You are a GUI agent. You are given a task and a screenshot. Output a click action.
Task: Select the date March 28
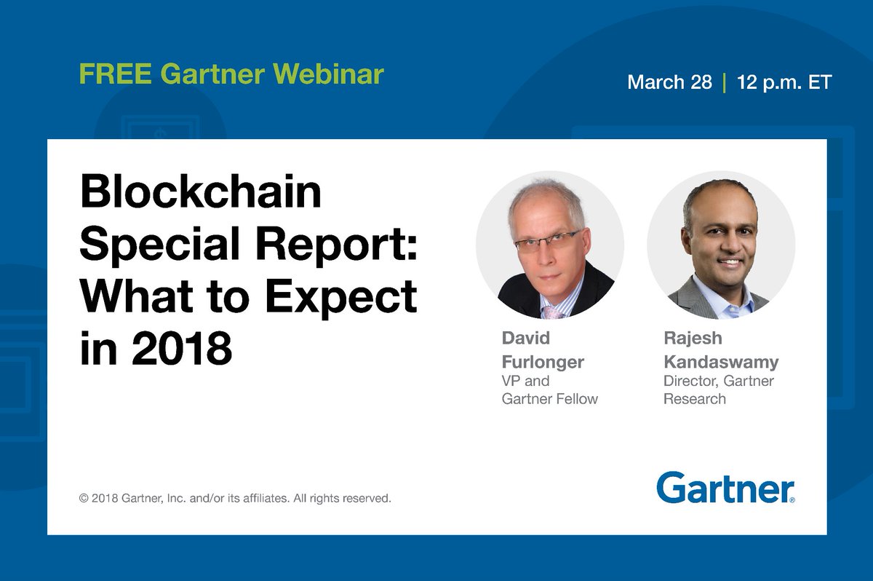[669, 82]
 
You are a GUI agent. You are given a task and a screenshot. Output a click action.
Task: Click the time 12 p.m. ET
[784, 82]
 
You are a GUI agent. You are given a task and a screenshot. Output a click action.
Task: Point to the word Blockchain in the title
[200, 194]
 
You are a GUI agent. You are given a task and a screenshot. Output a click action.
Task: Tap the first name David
[526, 339]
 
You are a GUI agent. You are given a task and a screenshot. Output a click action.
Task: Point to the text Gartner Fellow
[549, 399]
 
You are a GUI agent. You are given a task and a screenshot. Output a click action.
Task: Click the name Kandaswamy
[720, 362]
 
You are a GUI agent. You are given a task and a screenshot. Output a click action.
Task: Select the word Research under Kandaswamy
[694, 399]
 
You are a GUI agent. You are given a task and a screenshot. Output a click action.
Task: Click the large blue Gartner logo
[725, 487]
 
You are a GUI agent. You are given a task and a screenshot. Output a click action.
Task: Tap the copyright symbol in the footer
[84, 499]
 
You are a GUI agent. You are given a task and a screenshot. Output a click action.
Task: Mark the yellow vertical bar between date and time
[725, 82]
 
